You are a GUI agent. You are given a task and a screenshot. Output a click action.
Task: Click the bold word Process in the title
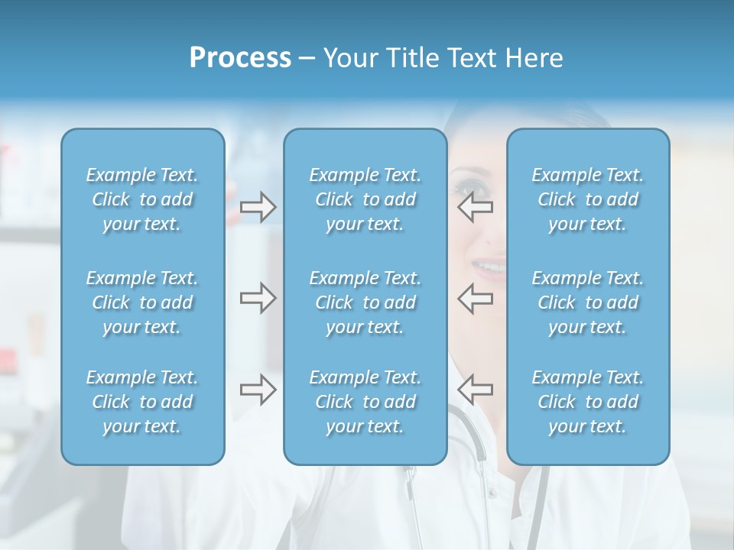pos(240,58)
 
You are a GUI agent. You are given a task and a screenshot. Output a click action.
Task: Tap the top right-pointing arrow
pos(258,207)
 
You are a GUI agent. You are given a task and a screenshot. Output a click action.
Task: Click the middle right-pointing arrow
pos(258,298)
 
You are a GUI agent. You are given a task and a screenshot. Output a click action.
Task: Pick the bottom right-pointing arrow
pos(258,390)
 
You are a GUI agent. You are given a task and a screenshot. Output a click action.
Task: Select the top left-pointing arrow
pos(475,207)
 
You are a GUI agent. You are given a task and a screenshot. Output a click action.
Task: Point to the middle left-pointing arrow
pos(475,298)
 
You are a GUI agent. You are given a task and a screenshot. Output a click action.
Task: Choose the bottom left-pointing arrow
pos(475,390)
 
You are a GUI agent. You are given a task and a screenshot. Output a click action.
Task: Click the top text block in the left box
pos(142,199)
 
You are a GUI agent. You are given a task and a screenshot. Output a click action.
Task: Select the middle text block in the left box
pos(142,302)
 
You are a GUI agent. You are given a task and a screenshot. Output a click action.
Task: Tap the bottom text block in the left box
pos(142,402)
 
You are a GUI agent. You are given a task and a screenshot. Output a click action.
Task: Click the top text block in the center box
pos(365,199)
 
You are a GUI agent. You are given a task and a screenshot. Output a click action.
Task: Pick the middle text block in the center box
pos(365,302)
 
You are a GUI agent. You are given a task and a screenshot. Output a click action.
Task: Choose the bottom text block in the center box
pos(365,402)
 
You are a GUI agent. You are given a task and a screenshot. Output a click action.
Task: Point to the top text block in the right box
pos(587,199)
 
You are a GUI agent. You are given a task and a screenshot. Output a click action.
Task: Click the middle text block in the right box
pos(587,302)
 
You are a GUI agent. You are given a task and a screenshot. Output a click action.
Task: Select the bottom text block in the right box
pos(587,402)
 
